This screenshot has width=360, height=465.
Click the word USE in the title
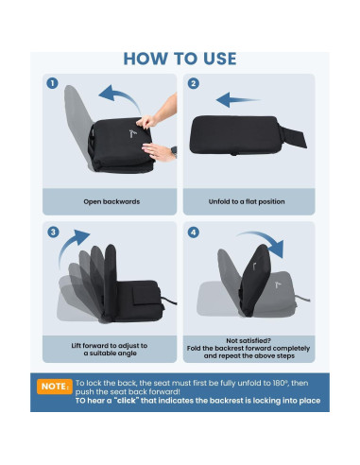215,59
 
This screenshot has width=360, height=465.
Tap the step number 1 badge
53,83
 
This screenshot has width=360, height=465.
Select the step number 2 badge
194,83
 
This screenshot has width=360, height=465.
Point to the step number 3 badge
53,232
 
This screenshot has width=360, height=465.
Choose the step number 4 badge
194,232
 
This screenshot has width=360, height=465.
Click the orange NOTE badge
54,387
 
